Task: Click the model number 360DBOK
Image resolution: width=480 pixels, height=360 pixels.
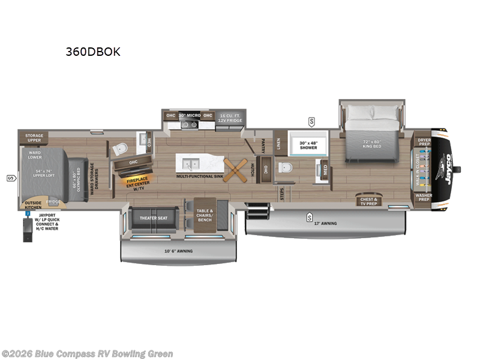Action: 93,52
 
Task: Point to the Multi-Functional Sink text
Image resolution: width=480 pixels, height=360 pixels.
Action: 199,177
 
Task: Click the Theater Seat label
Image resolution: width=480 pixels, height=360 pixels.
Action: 153,218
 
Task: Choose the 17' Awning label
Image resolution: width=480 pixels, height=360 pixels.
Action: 325,224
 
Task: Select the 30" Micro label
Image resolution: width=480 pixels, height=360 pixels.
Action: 190,115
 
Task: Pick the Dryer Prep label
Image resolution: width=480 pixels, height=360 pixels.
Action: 424,142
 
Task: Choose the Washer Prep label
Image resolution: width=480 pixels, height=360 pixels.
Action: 424,197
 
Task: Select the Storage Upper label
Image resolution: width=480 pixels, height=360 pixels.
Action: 34,138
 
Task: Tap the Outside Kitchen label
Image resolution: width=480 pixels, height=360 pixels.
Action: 33,205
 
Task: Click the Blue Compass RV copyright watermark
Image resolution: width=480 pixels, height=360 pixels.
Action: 88,354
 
